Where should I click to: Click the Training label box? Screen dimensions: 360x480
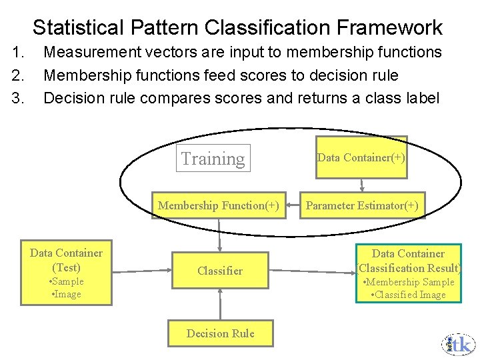(213, 159)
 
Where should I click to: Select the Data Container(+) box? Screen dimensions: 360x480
(361, 157)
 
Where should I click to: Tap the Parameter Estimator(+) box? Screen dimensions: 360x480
(362, 205)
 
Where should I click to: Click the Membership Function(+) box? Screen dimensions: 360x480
(219, 205)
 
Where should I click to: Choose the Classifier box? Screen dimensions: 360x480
(220, 271)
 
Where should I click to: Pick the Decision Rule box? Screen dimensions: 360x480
(220, 333)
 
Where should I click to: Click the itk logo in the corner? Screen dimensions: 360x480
(459, 343)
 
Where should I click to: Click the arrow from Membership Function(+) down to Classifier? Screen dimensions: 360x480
(219, 234)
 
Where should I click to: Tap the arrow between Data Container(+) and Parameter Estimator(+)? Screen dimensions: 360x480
(362, 184)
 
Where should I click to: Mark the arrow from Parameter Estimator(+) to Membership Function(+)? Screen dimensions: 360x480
(295, 205)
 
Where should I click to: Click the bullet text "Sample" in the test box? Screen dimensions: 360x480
(67, 281)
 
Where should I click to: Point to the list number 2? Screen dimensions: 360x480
(18, 75)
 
